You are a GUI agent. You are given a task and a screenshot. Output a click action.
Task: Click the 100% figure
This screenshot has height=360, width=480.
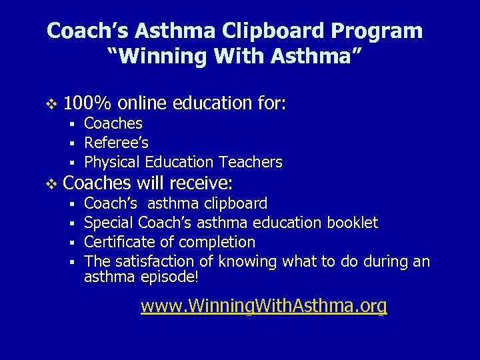pos(87,103)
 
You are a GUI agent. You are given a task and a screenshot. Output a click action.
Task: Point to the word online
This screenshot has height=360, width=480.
pos(143,103)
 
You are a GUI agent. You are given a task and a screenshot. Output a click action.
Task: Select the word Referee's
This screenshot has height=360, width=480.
pos(116,143)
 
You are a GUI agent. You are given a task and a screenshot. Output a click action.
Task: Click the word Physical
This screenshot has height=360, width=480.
pos(111,162)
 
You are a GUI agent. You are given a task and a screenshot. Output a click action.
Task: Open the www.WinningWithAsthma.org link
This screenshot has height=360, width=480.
pos(263,306)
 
